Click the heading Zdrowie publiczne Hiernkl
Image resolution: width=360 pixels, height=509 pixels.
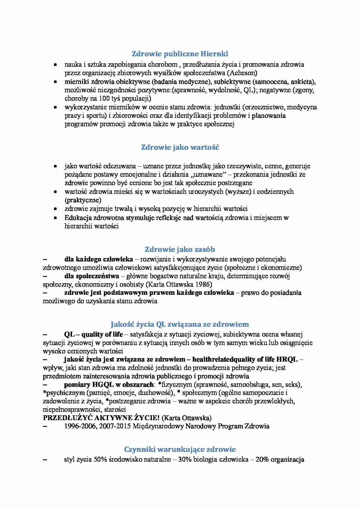pyautogui.click(x=180, y=54)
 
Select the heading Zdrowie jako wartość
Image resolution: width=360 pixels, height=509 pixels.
pyautogui.click(x=180, y=147)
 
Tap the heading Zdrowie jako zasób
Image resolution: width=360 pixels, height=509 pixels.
pyautogui.click(x=180, y=249)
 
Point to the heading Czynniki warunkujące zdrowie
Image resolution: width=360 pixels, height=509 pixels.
pyautogui.click(x=180, y=449)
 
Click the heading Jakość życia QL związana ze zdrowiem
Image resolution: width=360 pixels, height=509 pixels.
pyautogui.click(x=180, y=324)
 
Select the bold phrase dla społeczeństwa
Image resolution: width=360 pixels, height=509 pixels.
pyautogui.click(x=91, y=276)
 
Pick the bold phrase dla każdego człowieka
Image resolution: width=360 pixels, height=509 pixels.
pyautogui.click(x=98, y=259)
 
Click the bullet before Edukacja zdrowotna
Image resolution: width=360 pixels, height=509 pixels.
pyautogui.click(x=55, y=218)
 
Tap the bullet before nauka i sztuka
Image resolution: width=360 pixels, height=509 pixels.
pyautogui.click(x=55, y=65)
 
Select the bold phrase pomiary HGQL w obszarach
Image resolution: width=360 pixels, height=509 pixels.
pyautogui.click(x=109, y=385)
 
